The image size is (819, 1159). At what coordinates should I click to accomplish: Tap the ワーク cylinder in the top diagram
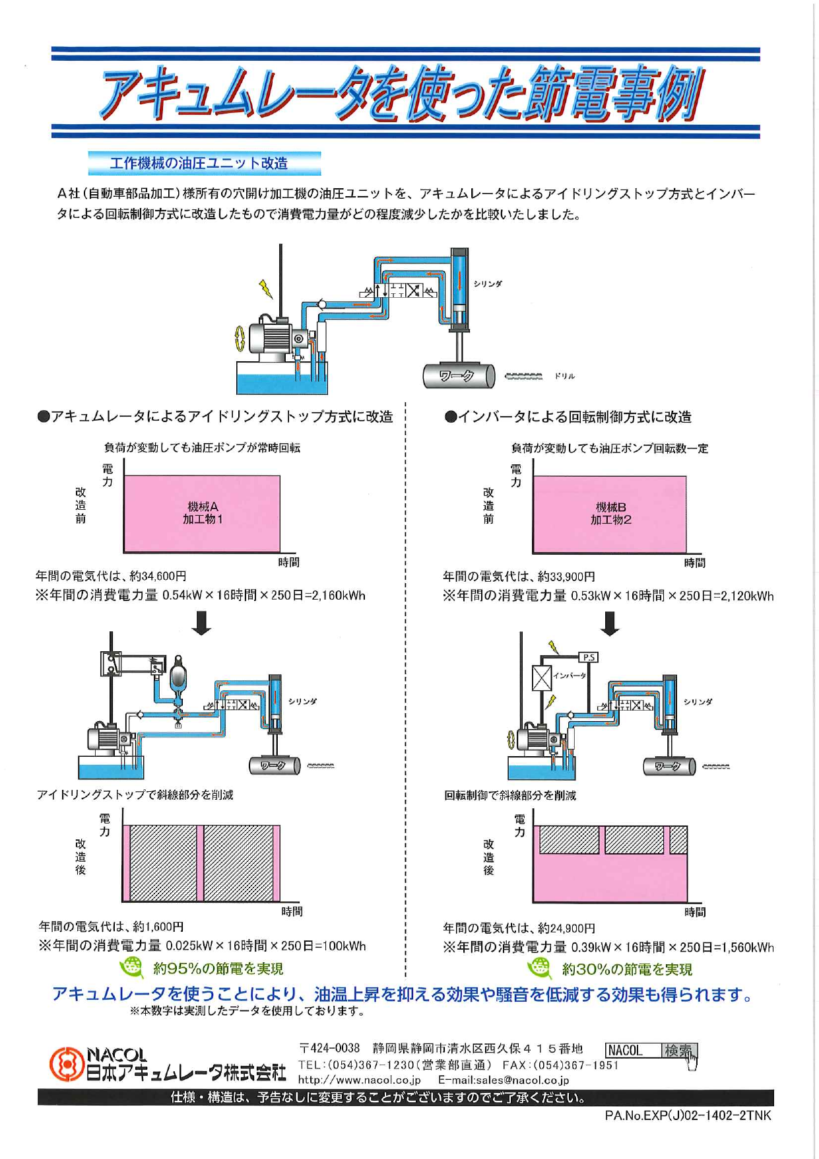tap(458, 376)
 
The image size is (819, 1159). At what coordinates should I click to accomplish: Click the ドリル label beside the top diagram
tap(564, 376)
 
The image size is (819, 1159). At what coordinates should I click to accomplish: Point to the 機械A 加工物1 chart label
tap(203, 513)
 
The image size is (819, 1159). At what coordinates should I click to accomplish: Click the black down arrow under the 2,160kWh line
tap(201, 623)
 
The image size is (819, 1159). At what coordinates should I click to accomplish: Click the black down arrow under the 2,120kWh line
tap(610, 623)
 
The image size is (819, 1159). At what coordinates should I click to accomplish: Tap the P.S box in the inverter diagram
tap(588, 657)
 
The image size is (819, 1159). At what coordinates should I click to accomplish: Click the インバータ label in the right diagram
tap(569, 676)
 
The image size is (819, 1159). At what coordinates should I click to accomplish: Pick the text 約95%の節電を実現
tap(218, 969)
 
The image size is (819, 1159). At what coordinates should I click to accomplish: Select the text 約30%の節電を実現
tap(626, 969)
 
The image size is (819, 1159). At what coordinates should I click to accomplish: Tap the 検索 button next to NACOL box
tap(678, 1051)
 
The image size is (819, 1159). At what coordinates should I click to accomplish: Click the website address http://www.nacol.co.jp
tap(359, 1080)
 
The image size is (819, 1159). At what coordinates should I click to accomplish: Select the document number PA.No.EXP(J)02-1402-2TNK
tap(687, 1115)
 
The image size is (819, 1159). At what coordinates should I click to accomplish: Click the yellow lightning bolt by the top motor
tap(265, 288)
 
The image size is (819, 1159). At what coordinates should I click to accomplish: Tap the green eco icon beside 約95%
tap(131, 967)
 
